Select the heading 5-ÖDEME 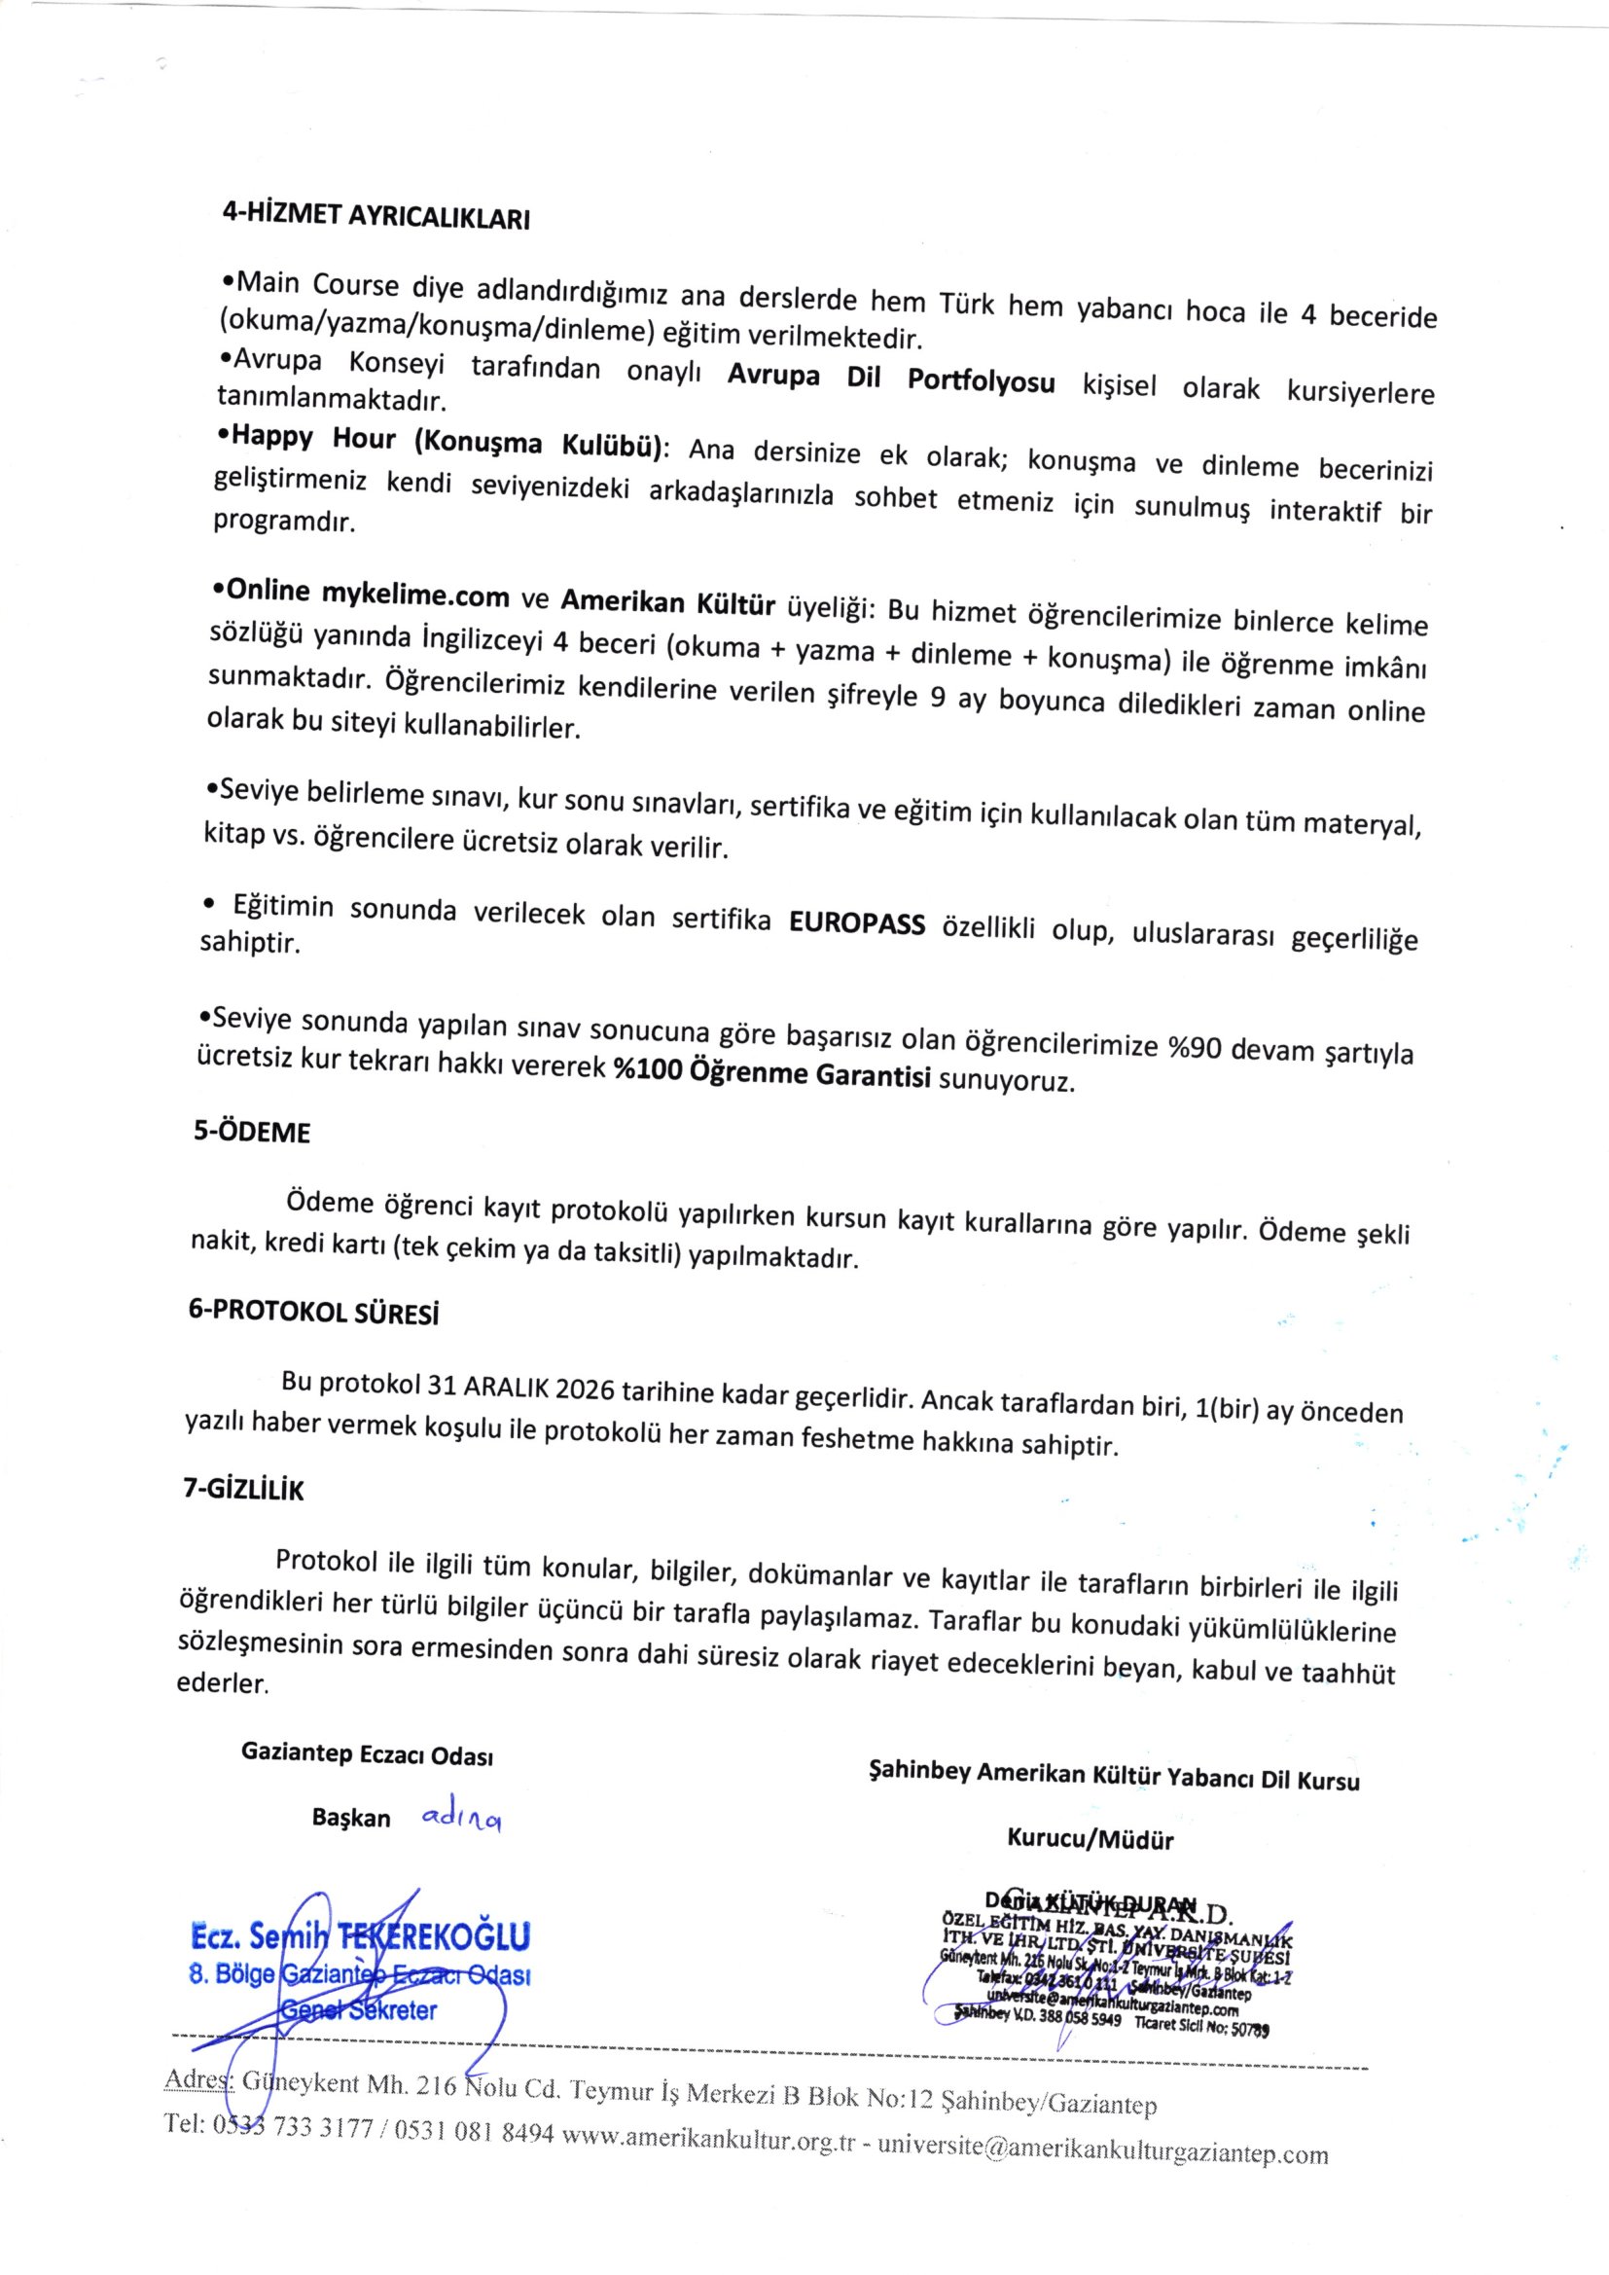(252, 1133)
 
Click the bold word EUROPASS (857, 923)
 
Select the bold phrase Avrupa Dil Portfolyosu (891, 381)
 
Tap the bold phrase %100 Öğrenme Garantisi (771, 1073)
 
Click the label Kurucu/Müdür (1090, 1840)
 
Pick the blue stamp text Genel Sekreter (359, 2010)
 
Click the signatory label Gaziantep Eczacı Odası (367, 1754)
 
